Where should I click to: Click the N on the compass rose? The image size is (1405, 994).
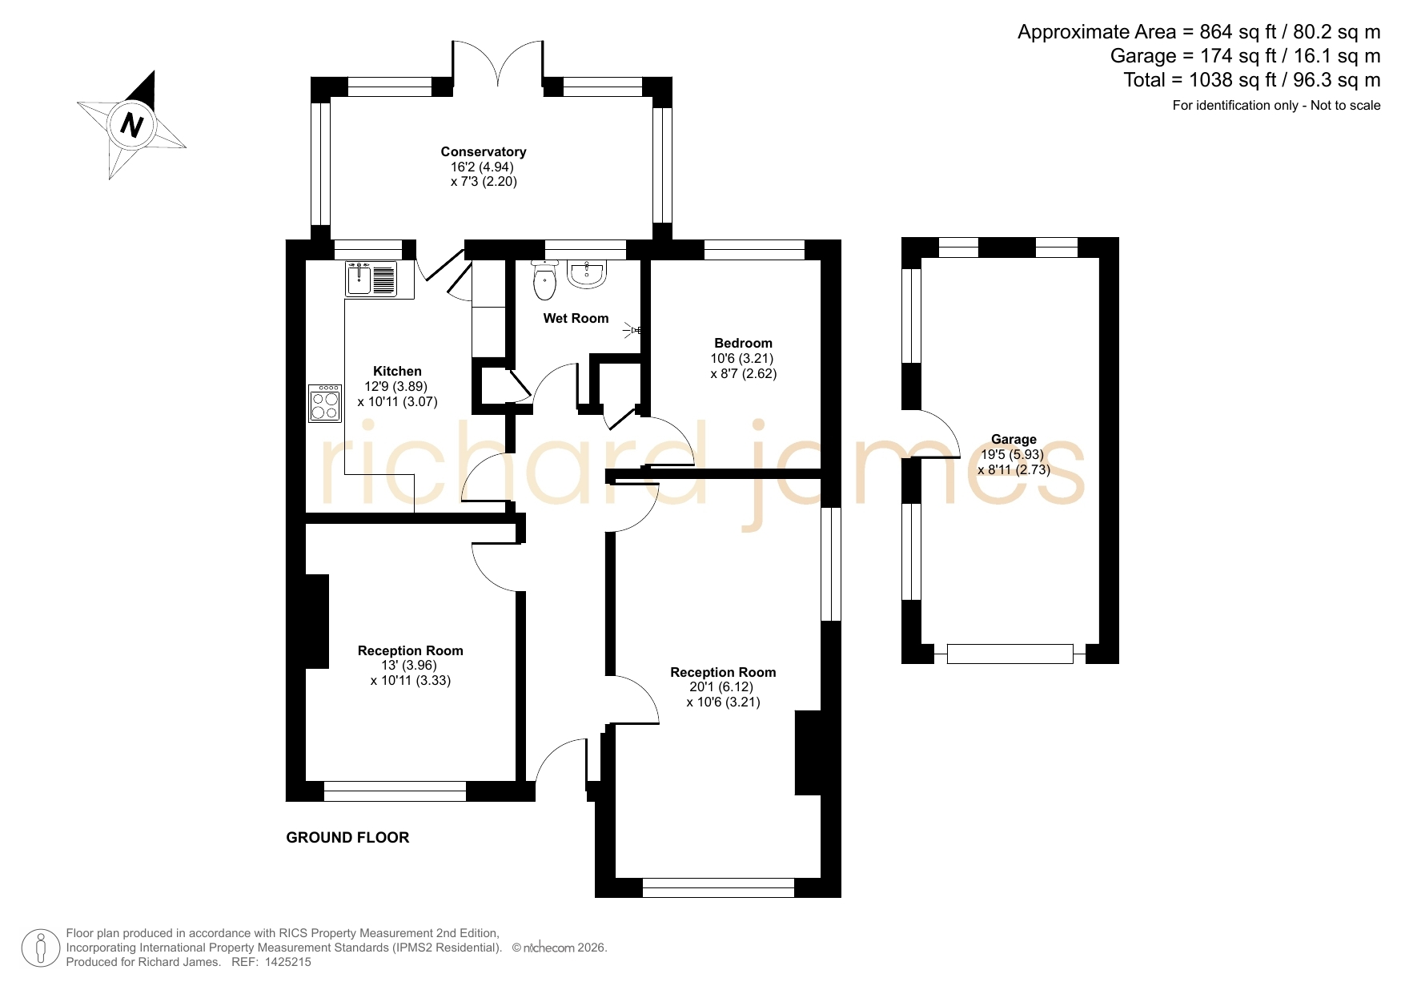[x=132, y=125]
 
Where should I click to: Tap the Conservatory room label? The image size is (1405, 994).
[x=484, y=152]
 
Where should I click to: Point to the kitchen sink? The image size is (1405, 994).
[x=371, y=278]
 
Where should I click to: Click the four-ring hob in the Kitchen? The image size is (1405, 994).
[x=325, y=404]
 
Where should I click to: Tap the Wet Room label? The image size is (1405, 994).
[x=576, y=319]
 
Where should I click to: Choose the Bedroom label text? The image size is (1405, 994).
[x=743, y=344]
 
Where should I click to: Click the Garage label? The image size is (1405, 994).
[x=1014, y=440]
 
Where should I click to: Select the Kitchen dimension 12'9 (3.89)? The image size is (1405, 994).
[x=395, y=386]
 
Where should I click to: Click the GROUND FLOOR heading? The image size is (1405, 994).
[x=347, y=838]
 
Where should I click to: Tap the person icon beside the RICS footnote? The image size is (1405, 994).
[x=40, y=948]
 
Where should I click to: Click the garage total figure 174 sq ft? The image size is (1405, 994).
[x=1241, y=56]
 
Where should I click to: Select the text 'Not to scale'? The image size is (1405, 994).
[x=1345, y=105]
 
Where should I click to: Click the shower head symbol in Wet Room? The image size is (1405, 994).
[x=636, y=329]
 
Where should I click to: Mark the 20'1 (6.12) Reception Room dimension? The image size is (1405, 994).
[x=721, y=687]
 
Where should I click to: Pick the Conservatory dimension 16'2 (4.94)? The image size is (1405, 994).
[x=482, y=167]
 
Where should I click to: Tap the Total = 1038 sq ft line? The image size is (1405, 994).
[x=1252, y=80]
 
